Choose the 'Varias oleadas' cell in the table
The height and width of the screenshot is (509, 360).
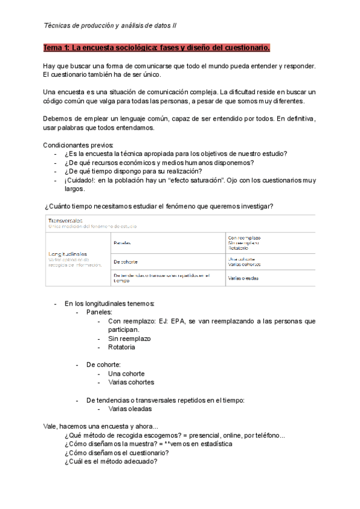click(244, 278)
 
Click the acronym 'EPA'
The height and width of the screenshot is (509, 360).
click(179, 321)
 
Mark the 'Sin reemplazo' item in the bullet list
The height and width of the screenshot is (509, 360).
click(129, 339)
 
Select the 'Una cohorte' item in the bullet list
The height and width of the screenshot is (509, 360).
click(127, 373)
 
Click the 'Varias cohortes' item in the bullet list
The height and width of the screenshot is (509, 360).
click(131, 382)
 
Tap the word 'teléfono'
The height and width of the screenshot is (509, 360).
click(266, 435)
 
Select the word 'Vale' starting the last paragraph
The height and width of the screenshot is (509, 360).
click(50, 426)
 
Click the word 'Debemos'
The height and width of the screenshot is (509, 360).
click(59, 118)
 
